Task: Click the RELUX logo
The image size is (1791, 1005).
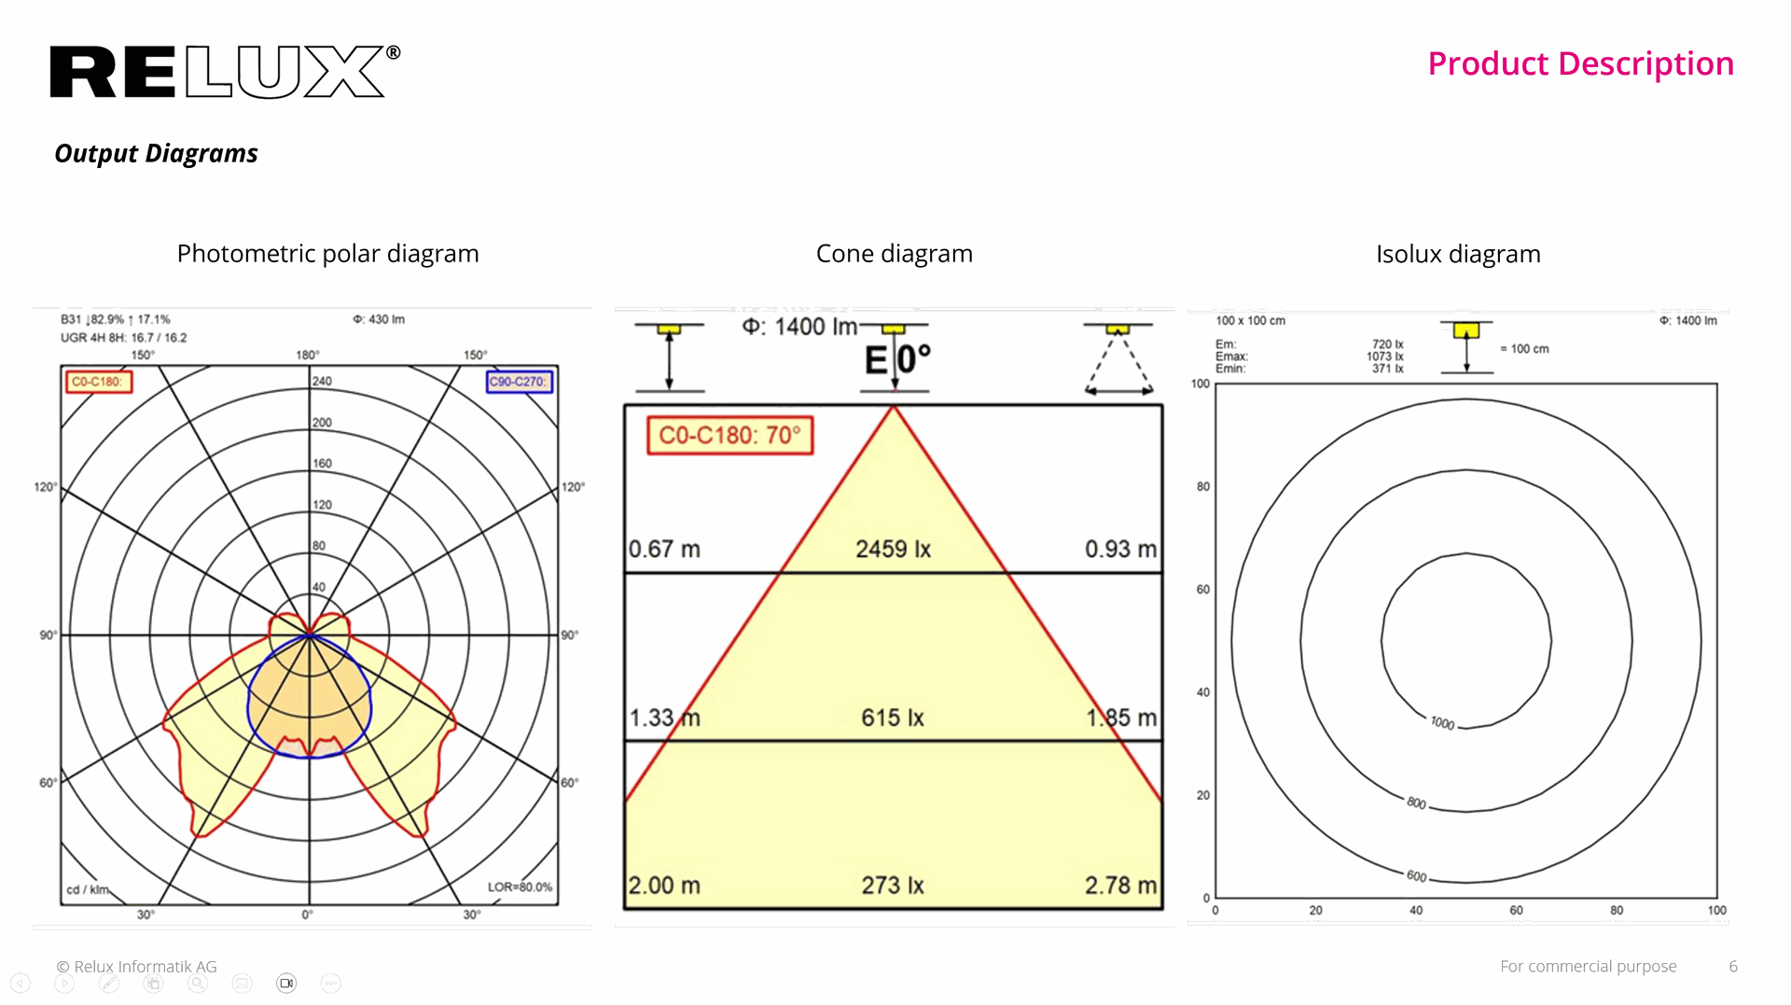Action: click(x=224, y=72)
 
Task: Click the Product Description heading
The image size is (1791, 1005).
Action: click(x=1580, y=63)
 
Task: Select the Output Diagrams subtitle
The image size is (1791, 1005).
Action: click(x=156, y=153)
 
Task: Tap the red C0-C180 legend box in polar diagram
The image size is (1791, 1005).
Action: click(x=99, y=382)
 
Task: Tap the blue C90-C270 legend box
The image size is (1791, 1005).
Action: click(x=520, y=382)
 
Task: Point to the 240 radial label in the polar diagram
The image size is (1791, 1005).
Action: click(x=322, y=381)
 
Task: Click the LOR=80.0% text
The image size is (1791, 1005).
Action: click(x=520, y=886)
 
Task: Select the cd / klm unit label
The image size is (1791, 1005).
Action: click(x=87, y=889)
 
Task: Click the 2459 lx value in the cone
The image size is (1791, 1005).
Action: click(x=893, y=549)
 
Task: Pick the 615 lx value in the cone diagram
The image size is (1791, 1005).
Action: click(x=892, y=718)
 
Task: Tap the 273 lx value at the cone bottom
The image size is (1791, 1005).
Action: click(x=892, y=885)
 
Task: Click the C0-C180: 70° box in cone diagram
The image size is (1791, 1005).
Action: click(x=730, y=436)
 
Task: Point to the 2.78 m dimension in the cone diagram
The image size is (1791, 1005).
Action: click(x=1119, y=885)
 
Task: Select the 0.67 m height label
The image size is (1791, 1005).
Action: click(x=663, y=549)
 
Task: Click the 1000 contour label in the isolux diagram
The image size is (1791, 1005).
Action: click(x=1442, y=723)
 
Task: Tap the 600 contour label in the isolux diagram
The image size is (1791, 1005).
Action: click(x=1416, y=875)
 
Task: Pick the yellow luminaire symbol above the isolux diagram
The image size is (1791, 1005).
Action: click(x=1466, y=330)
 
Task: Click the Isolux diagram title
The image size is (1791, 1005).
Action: click(x=1457, y=254)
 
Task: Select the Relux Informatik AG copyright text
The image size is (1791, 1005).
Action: click(x=136, y=967)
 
